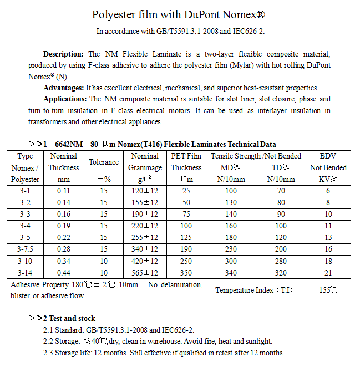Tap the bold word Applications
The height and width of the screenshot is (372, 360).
tap(65, 99)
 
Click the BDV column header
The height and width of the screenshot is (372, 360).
tap(328, 156)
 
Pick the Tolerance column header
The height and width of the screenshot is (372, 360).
tap(104, 162)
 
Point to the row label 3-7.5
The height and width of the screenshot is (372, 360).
tap(26, 249)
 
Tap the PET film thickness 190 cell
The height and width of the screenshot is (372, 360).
tap(186, 249)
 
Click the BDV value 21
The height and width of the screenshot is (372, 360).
tap(328, 273)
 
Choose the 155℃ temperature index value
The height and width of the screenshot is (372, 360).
tap(328, 290)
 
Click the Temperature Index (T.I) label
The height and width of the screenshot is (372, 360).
tap(254, 290)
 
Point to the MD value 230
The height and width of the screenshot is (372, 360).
tap(231, 249)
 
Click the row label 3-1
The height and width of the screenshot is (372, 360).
tap(26, 191)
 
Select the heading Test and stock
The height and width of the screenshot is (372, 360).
tap(72, 318)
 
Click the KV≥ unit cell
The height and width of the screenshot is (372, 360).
tap(328, 179)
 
